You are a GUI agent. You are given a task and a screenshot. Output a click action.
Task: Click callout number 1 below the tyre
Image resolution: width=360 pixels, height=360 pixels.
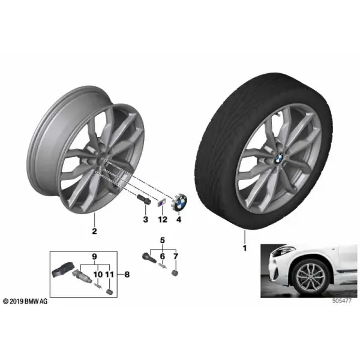[x=245, y=248]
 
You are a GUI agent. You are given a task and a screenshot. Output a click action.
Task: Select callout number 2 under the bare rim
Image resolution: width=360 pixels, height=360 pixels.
[x=94, y=231]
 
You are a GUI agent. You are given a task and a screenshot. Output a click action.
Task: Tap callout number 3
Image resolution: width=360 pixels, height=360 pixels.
[x=146, y=220]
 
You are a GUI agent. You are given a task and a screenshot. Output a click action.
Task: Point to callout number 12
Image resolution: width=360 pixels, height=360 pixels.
[x=163, y=220]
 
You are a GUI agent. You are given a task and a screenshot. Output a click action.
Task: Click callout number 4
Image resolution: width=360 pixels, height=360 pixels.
[x=179, y=220]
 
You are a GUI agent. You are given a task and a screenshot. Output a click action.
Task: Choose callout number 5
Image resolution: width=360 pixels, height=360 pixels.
[x=163, y=241]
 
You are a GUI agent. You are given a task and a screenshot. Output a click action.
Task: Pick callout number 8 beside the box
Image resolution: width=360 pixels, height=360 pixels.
[x=127, y=274]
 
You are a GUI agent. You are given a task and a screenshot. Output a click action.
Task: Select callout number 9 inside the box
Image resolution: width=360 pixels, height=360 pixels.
[x=95, y=256]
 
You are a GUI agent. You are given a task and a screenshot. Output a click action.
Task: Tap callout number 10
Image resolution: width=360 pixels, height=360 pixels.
[x=98, y=274]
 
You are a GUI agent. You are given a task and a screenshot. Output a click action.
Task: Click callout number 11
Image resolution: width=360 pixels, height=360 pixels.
[x=109, y=274]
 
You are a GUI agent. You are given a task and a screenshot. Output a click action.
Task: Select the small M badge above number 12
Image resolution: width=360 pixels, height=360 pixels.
[x=160, y=203]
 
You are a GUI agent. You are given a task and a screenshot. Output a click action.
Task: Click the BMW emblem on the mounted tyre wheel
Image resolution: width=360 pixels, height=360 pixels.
[x=278, y=158]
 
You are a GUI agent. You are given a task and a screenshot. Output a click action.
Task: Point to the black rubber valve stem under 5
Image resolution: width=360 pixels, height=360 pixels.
[x=149, y=257]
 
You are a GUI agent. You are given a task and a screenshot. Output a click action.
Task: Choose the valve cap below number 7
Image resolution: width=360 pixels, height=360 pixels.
[x=175, y=273]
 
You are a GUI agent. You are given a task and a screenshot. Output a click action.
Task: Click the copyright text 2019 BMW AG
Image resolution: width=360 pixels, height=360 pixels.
[x=25, y=301]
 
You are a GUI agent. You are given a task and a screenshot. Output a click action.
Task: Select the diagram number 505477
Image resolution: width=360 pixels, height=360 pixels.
[x=341, y=301]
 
